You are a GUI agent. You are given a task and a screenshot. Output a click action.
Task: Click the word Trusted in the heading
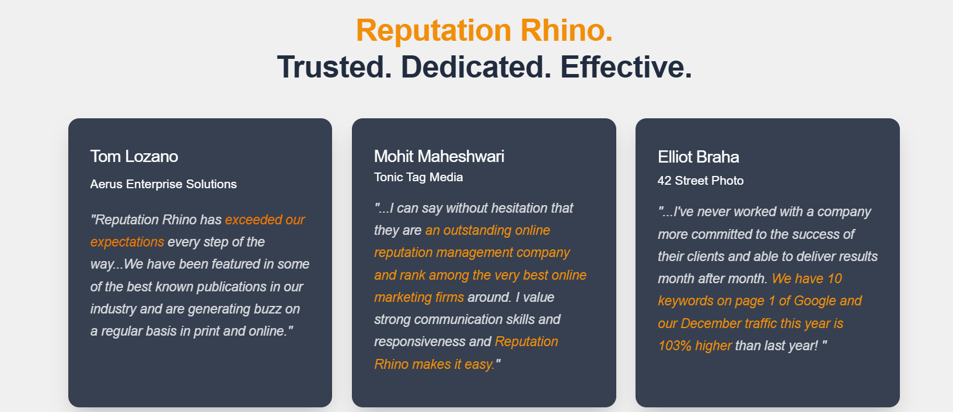pyautogui.click(x=334, y=67)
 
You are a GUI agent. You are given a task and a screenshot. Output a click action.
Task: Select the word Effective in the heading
pyautogui.click(x=626, y=67)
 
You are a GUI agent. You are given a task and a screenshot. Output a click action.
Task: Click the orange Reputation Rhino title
pyautogui.click(x=484, y=30)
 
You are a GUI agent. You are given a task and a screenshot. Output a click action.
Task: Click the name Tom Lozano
pyautogui.click(x=134, y=156)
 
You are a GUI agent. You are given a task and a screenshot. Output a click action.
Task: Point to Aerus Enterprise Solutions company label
pyautogui.click(x=163, y=184)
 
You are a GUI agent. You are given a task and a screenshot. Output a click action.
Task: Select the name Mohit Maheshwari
pyautogui.click(x=439, y=156)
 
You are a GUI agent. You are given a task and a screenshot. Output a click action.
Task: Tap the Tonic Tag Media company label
pyautogui.click(x=418, y=177)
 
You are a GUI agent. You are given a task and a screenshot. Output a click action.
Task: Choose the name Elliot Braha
pyautogui.click(x=698, y=157)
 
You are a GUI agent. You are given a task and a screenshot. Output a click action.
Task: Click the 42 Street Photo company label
pyautogui.click(x=700, y=181)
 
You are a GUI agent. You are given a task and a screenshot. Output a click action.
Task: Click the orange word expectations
pyautogui.click(x=127, y=242)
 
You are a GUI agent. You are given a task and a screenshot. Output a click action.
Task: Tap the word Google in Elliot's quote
pyautogui.click(x=815, y=301)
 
